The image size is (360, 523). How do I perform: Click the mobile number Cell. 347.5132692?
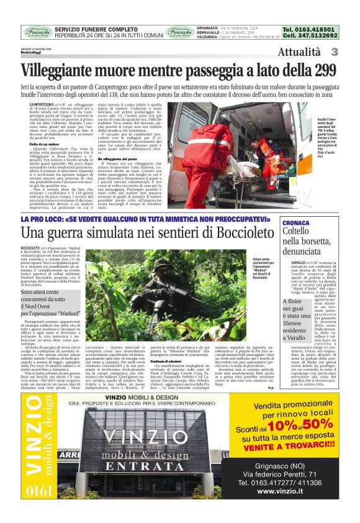click(310, 36)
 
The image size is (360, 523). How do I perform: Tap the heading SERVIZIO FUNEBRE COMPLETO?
click(96, 29)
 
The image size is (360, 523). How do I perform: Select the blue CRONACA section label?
click(296, 222)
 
